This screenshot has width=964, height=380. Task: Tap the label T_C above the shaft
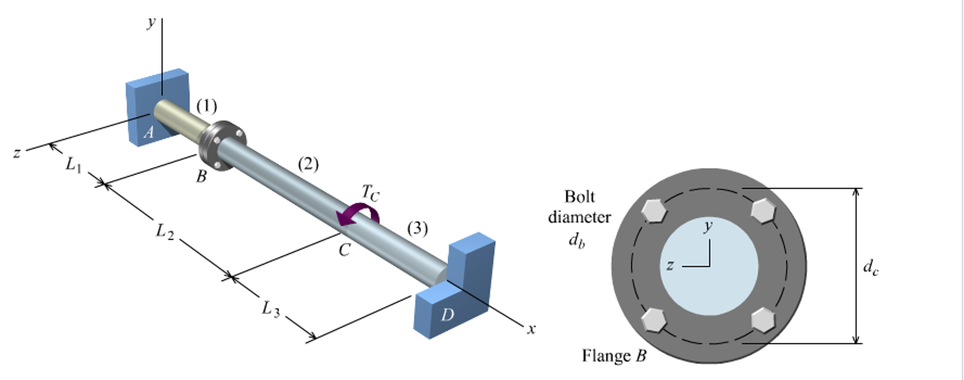(x=370, y=193)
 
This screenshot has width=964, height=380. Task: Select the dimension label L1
(x=74, y=165)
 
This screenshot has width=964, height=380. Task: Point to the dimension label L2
(x=165, y=231)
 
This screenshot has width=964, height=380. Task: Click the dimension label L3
(x=271, y=309)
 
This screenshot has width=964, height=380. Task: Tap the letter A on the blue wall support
(x=149, y=132)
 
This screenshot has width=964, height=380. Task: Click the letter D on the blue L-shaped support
(x=447, y=314)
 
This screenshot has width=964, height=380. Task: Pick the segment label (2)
(x=308, y=164)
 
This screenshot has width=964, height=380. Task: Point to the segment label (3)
(x=417, y=228)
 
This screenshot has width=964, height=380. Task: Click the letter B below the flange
(x=201, y=176)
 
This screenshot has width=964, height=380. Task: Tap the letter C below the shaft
(x=344, y=250)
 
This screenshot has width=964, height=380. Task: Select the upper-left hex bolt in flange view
(x=654, y=210)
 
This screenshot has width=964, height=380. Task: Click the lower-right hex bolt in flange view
(x=763, y=320)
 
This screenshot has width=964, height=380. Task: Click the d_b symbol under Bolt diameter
(x=577, y=240)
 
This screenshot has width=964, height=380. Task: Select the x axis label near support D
(x=531, y=329)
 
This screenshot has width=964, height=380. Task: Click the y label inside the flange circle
(x=708, y=226)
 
